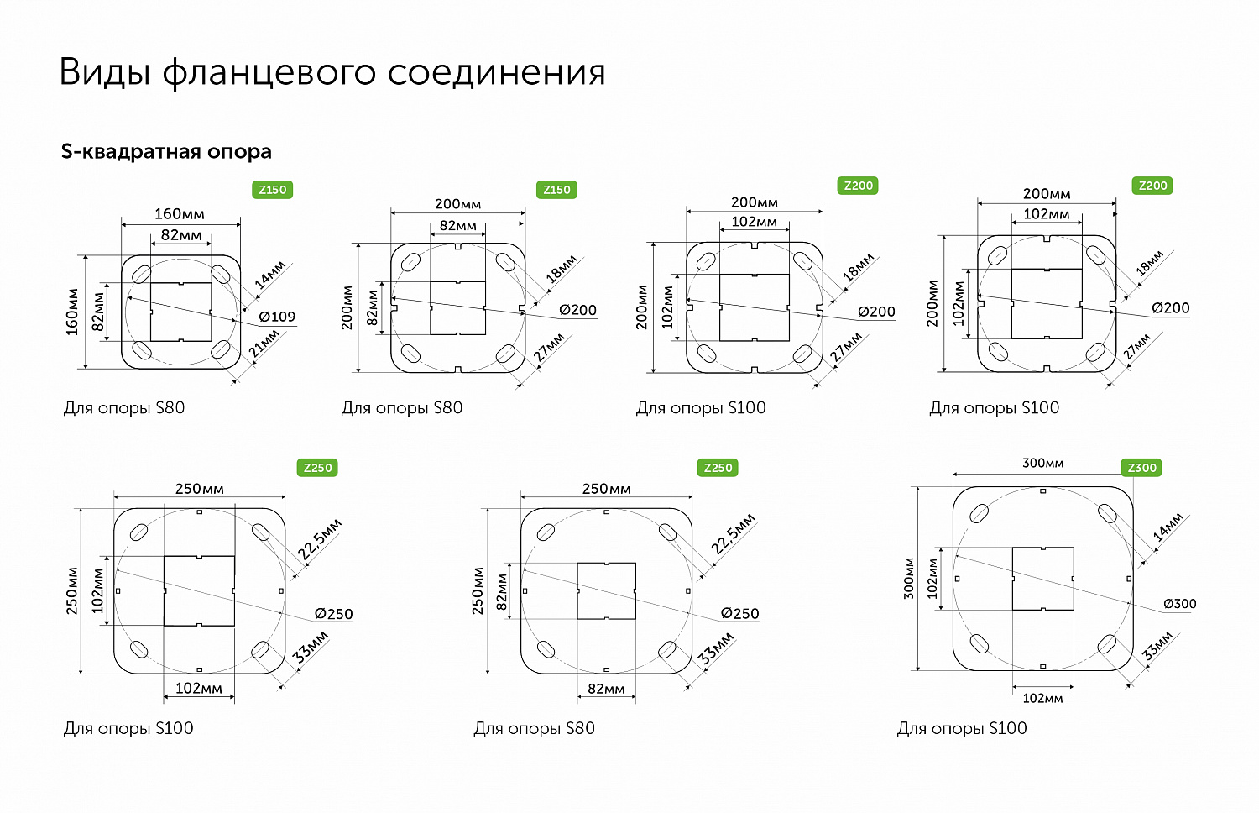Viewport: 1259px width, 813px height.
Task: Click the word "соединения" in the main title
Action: pos(496,73)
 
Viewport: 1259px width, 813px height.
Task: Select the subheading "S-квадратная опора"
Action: pos(166,152)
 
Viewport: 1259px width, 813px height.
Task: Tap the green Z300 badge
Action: pos(1141,468)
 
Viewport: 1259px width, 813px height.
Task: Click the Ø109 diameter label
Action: pos(277,317)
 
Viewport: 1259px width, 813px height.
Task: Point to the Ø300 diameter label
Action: pos(1179,604)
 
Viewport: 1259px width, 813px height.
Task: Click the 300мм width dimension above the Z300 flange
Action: pos(1042,464)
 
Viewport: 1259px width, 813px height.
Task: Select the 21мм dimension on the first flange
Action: pos(265,344)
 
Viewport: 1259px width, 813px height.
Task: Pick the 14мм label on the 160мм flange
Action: pos(270,275)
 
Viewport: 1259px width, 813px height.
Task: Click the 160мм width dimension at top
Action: pos(179,214)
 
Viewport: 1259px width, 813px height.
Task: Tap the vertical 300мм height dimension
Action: pos(908,578)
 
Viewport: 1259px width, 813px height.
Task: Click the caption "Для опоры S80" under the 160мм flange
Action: pos(124,408)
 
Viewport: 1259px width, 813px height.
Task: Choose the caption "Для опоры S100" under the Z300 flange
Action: pos(962,728)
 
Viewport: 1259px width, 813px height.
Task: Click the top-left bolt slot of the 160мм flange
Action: pos(141,274)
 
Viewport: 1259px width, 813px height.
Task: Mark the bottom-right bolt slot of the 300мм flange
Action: pos(1107,644)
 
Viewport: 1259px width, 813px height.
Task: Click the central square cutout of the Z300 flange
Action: pos(1042,579)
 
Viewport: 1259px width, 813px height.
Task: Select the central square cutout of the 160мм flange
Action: pos(180,312)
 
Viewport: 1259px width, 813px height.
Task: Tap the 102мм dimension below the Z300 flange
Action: pos(1042,698)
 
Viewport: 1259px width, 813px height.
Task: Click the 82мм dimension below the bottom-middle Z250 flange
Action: pos(606,689)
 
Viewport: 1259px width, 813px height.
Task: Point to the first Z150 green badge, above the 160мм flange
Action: pos(272,190)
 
